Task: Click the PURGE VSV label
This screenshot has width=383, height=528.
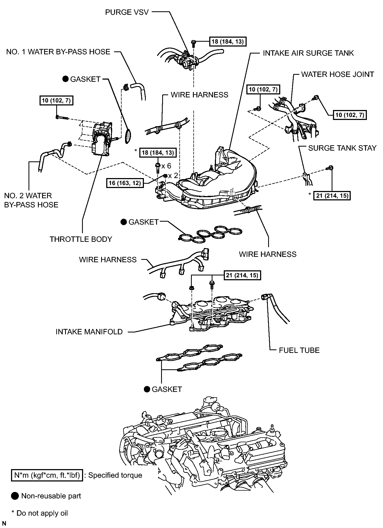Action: click(x=127, y=12)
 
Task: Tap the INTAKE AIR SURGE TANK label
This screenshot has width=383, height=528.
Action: click(x=308, y=53)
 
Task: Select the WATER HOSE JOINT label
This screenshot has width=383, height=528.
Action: click(x=338, y=74)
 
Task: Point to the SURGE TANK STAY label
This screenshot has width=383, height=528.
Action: click(x=342, y=148)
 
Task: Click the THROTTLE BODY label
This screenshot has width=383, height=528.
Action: click(x=81, y=239)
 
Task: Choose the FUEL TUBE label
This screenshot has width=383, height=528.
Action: click(x=299, y=350)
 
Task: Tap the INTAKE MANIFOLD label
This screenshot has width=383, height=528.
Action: click(x=89, y=332)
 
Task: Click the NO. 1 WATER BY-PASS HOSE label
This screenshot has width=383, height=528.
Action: click(x=58, y=52)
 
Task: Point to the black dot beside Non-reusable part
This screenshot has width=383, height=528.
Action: click(x=15, y=496)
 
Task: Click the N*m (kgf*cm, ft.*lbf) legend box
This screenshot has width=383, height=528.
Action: click(x=47, y=475)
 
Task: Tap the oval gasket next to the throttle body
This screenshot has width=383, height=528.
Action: click(x=129, y=137)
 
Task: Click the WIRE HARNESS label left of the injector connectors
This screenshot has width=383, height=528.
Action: click(x=108, y=260)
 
